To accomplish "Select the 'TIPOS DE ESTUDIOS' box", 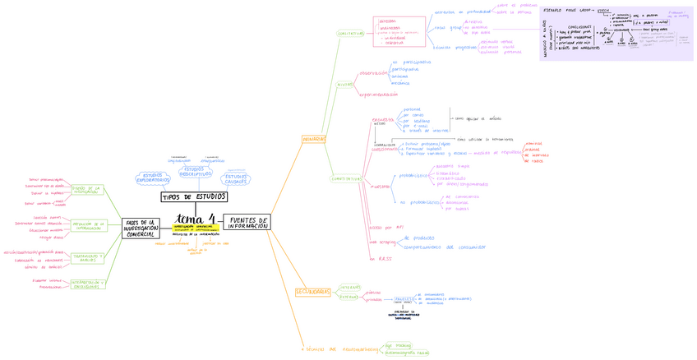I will [194, 197].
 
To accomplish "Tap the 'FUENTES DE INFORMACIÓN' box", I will [246, 223].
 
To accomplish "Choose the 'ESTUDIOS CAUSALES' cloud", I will [236, 178].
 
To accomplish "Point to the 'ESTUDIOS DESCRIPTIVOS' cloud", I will [194, 171].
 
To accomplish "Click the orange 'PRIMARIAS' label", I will [314, 140].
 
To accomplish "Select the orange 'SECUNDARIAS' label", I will [312, 292].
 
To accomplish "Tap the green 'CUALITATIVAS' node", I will [350, 34].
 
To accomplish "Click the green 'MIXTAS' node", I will [344, 84].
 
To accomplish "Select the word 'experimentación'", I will [380, 95].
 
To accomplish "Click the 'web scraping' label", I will [382, 242].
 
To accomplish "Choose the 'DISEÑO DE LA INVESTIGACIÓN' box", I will [85, 190].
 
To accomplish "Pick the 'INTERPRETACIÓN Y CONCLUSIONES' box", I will [85, 284].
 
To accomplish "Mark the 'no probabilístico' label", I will [419, 202].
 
